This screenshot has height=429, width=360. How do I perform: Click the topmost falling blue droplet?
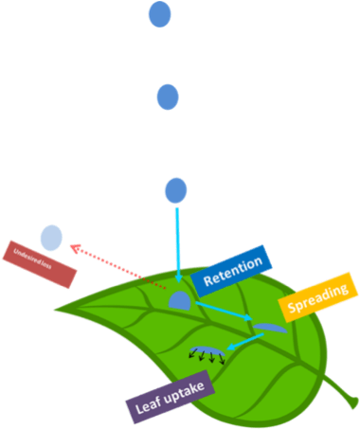tap(159, 14)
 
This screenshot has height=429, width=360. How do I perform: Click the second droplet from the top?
tap(167, 97)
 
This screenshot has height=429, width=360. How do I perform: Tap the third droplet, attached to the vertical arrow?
tap(175, 190)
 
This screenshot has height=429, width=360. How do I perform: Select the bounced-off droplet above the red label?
tap(51, 238)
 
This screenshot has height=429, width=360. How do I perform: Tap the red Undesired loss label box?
tap(39, 265)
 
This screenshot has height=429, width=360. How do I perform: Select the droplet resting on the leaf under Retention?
tap(180, 301)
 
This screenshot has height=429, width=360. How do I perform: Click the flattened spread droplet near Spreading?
tap(269, 327)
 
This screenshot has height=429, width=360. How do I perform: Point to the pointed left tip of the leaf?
tap(56, 308)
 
